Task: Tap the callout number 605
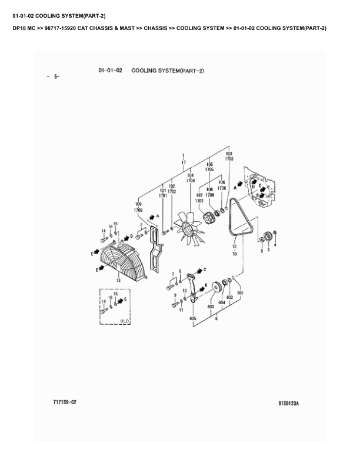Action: coord(192,318)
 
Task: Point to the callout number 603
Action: coord(210,306)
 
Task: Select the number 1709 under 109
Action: coord(138,210)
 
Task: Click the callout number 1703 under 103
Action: coord(229,158)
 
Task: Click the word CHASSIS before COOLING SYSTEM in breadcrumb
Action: coord(155,28)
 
